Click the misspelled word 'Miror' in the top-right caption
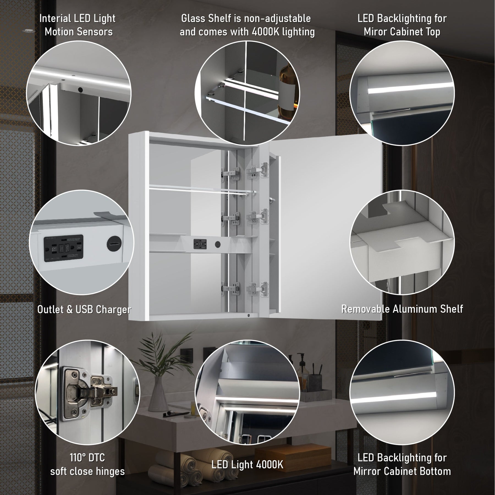pyautogui.click(x=375, y=32)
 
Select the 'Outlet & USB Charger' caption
pyautogui.click(x=84, y=309)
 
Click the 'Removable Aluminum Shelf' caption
pyautogui.click(x=402, y=309)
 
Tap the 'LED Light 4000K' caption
pyautogui.click(x=247, y=464)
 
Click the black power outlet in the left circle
pyautogui.click(x=64, y=248)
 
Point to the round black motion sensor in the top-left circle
pyautogui.click(x=81, y=90)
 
